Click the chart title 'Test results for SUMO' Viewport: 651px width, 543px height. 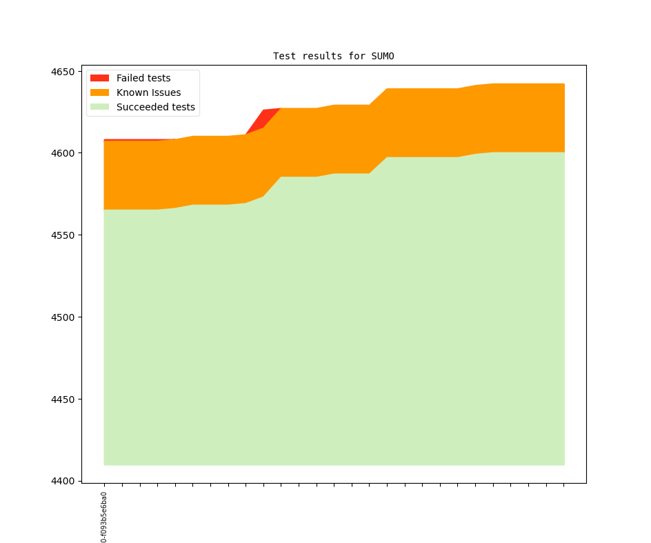(x=333, y=56)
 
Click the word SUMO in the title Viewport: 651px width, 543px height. (x=382, y=56)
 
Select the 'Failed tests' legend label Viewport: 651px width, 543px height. (x=143, y=78)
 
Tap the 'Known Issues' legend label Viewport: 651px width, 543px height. (x=148, y=92)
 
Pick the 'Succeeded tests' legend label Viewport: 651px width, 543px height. (x=155, y=107)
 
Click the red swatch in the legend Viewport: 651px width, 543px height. (x=99, y=78)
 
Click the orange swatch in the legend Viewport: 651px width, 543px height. (x=99, y=92)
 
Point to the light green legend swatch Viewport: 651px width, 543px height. (x=99, y=107)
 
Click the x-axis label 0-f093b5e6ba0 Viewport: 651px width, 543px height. (x=104, y=517)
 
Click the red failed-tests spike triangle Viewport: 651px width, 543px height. (x=266, y=116)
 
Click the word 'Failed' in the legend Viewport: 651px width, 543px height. (x=130, y=78)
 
